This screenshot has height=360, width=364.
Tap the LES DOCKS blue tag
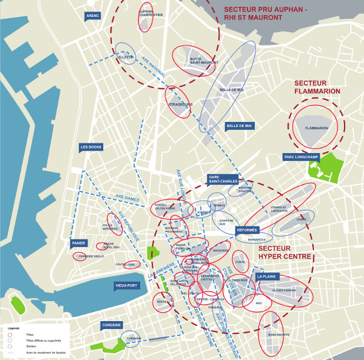coord(91,147)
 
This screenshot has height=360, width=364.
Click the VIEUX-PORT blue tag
coord(128,285)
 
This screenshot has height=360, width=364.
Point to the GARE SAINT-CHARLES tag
coord(223,178)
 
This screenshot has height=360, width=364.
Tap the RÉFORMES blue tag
coord(248,231)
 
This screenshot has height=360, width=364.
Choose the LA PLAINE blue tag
coord(267,276)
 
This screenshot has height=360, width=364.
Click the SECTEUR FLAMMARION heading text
coord(317,87)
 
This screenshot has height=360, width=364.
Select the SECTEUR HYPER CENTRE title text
coord(285,253)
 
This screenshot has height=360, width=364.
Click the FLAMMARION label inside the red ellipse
coord(317,128)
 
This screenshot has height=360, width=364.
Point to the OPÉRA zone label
coord(162,302)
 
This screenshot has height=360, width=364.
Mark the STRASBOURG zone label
coord(180,104)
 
